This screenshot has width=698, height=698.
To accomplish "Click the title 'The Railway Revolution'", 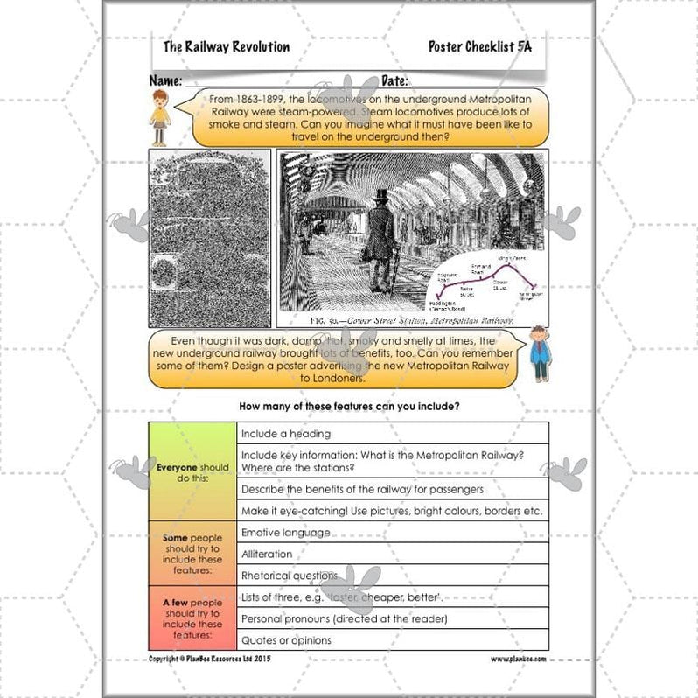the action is [x=226, y=47].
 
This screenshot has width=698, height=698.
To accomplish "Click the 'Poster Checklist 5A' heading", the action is [x=479, y=46].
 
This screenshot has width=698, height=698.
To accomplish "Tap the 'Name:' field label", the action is [x=165, y=80].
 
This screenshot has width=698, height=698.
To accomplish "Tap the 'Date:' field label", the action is [x=394, y=80].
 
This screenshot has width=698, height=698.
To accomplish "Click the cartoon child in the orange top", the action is [x=160, y=115].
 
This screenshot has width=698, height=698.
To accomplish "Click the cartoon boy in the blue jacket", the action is [x=540, y=353].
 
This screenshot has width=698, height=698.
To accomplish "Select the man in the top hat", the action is [x=380, y=231].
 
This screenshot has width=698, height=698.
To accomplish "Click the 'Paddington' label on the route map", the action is [x=442, y=305].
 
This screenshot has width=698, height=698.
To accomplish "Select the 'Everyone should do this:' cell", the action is [x=192, y=472].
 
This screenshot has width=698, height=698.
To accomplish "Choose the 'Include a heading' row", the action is [x=392, y=433].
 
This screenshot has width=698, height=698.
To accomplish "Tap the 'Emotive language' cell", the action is [x=392, y=533].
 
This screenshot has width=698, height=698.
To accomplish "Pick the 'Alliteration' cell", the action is [x=392, y=554].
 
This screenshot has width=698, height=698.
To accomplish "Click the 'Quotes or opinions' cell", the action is [x=392, y=640].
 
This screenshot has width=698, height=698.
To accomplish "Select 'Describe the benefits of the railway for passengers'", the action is [x=392, y=489].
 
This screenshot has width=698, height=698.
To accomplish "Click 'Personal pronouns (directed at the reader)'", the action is [x=392, y=618].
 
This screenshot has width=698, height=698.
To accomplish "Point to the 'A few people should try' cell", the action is [x=192, y=618].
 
